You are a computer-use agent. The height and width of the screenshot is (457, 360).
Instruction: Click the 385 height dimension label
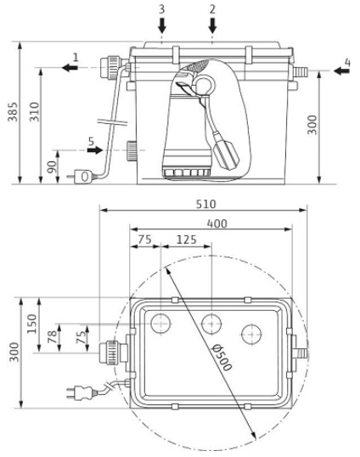coord(13,111)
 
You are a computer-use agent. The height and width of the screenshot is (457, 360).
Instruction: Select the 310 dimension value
coord(34,111)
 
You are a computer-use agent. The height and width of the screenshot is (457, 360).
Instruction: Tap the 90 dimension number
coord(52,167)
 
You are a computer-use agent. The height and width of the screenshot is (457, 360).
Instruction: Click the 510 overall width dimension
coord(205,204)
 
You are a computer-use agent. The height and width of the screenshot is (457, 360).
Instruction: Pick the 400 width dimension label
coord(217,223)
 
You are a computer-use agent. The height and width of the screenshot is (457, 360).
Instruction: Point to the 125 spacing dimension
coord(187,240)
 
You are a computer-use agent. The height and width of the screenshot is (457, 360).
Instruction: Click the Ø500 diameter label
coord(222,357)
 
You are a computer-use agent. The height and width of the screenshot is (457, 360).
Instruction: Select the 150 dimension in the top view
coord(32,324)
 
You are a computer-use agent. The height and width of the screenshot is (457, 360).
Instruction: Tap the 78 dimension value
coord(53,337)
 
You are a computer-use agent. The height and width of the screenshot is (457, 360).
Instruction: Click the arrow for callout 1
coord(70,68)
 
